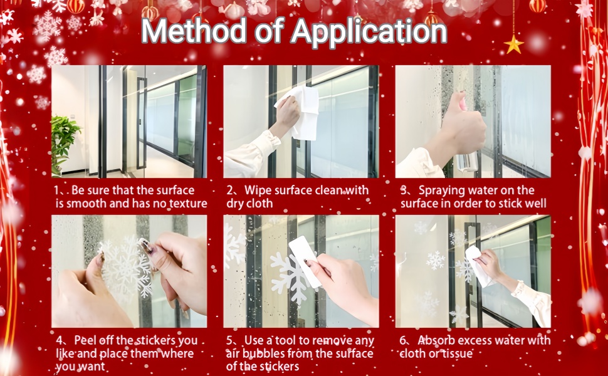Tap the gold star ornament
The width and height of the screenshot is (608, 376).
click(514, 44)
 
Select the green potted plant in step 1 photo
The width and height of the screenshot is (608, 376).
click(65, 144)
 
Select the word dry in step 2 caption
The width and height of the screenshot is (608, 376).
click(234, 204)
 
